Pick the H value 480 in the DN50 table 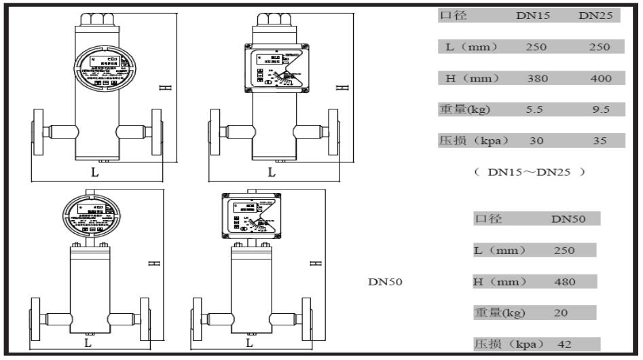click(x=564, y=282)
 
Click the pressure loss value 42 click(x=565, y=344)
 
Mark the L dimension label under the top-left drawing click(x=95, y=173)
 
